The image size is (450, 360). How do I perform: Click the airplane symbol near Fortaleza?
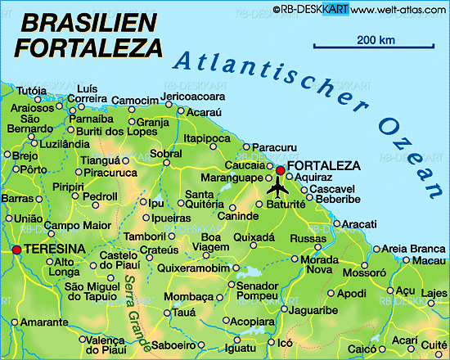(x=278, y=188)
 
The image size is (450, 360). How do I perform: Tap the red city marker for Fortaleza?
(x=281, y=170)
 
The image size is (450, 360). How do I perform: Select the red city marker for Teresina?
(x=16, y=250)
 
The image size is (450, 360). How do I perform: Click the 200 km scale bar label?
(x=376, y=40)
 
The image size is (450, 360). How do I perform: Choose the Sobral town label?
(x=166, y=154)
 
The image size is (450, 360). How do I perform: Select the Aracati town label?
(x=359, y=224)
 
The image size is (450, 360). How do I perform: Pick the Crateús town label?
(x=160, y=250)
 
